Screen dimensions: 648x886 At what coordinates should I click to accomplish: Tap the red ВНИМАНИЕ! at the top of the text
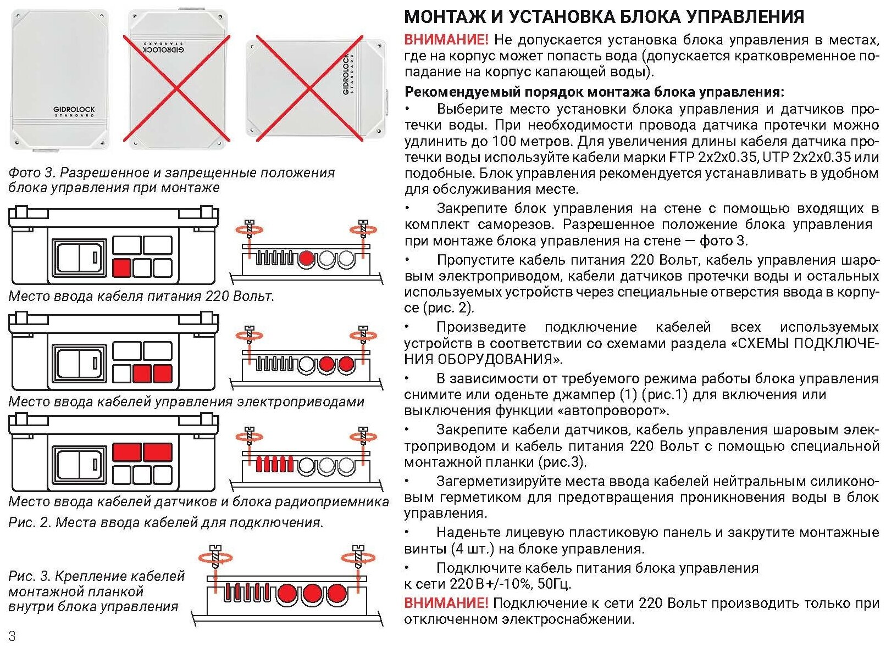tap(446, 40)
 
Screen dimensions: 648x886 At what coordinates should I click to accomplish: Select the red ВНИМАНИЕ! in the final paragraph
tap(446, 603)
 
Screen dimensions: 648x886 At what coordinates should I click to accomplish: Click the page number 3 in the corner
tap(12, 636)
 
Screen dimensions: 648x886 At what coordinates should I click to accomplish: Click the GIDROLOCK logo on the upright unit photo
tap(74, 110)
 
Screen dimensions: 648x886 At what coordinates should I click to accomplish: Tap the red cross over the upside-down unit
tap(176, 88)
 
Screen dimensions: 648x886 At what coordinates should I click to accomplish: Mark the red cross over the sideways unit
tap(309, 88)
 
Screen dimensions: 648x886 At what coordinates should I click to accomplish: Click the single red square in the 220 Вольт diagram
tap(121, 268)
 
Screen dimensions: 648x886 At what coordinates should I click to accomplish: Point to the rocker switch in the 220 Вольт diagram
tap(79, 256)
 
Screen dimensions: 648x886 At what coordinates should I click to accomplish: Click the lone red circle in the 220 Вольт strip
tap(306, 259)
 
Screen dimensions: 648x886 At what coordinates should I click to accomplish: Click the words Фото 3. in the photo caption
tap(32, 172)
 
